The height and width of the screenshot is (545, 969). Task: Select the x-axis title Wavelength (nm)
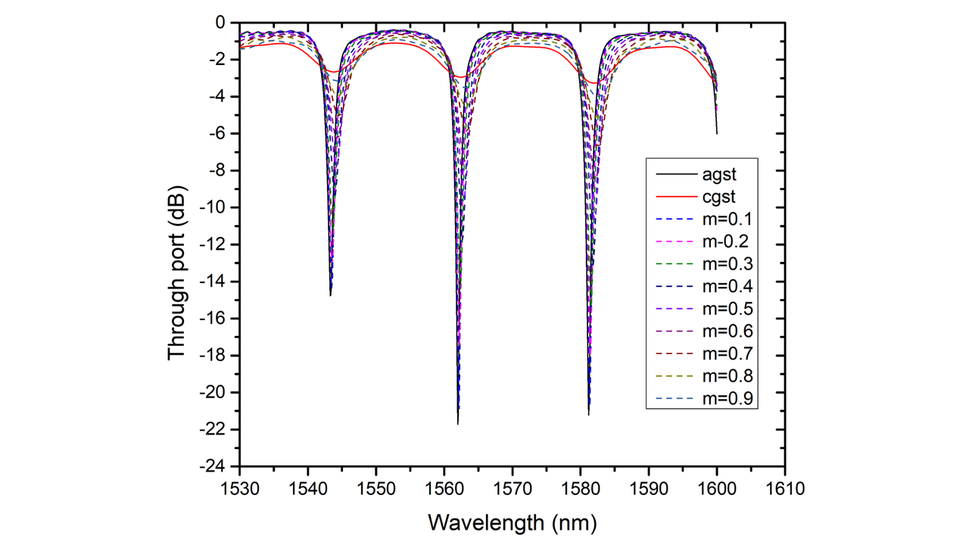click(513, 522)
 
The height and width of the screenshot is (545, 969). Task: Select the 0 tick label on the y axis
click(221, 23)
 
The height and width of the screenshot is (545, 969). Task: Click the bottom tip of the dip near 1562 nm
click(458, 424)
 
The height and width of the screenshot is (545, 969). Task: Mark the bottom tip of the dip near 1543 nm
click(331, 295)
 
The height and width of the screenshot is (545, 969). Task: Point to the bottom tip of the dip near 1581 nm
click(589, 415)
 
